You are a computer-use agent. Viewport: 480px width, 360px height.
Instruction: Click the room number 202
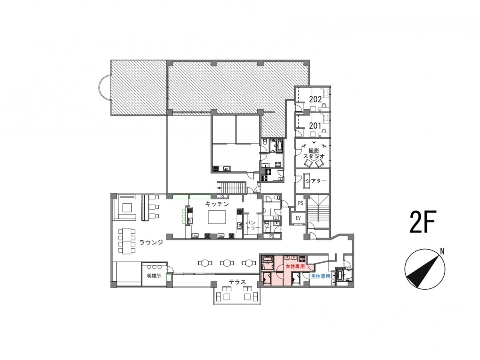click(315, 100)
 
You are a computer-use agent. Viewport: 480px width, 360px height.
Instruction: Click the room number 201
click(315, 126)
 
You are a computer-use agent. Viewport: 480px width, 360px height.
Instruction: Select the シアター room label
click(316, 181)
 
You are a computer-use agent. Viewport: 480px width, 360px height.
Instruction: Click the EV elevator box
click(298, 218)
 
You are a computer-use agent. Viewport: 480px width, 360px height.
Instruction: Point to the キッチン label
click(217, 204)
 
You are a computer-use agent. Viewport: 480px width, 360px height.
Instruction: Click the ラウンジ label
click(151, 242)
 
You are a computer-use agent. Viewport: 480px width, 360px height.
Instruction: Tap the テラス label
click(237, 282)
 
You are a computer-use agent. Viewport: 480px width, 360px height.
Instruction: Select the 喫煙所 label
click(154, 276)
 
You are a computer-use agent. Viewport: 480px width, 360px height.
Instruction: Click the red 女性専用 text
click(295, 266)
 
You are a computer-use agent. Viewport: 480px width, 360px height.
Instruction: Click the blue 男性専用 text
click(320, 276)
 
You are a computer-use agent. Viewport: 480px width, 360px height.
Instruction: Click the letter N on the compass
click(442, 252)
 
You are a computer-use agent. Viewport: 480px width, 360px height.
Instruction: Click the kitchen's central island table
click(217, 217)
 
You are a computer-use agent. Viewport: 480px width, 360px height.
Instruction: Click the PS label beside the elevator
click(300, 203)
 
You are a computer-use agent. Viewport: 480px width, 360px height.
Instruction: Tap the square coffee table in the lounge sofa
click(127, 208)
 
